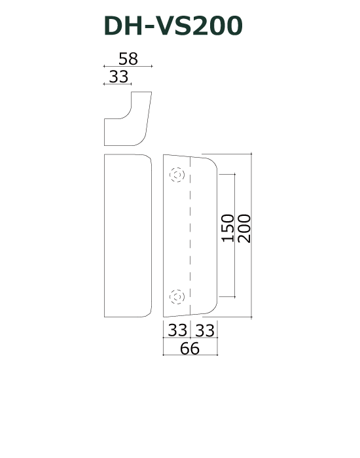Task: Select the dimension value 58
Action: click(128, 58)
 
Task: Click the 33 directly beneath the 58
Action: click(118, 76)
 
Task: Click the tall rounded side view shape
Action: click(128, 236)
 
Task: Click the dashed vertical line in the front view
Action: click(190, 236)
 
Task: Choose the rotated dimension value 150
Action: click(227, 228)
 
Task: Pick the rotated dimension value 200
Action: click(244, 228)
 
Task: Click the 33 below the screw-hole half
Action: click(177, 330)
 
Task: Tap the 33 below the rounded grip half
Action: click(204, 330)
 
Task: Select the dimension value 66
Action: click(190, 348)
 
